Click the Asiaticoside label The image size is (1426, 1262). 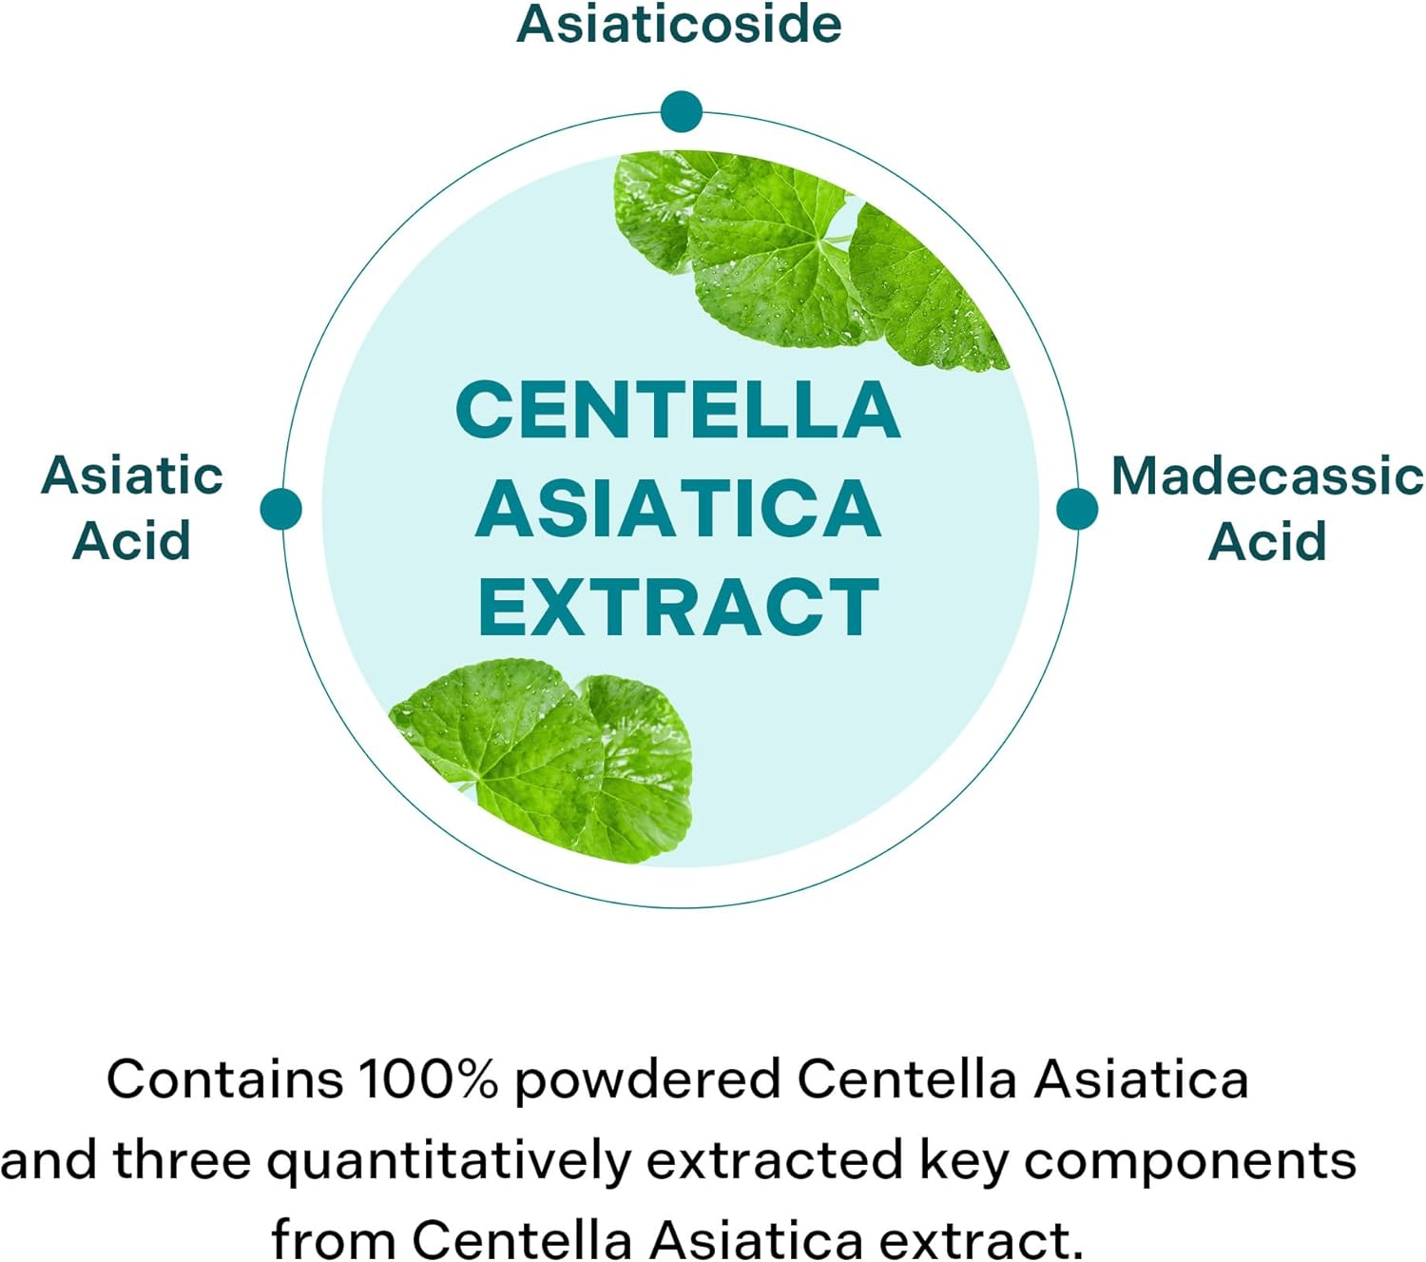click(679, 25)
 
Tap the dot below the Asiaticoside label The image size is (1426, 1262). click(681, 111)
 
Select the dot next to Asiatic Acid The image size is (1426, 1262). click(280, 509)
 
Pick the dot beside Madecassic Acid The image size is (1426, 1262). click(1077, 509)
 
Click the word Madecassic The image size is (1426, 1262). click(1266, 476)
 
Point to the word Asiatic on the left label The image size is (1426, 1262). click(132, 476)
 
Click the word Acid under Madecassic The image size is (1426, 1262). click(1266, 541)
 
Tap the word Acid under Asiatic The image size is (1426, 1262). click(132, 541)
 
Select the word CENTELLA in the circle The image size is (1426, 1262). click(678, 410)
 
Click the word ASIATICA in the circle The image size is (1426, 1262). click(678, 509)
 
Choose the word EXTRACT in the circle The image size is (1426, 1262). click(678, 608)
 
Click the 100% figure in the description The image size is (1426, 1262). click(428, 1079)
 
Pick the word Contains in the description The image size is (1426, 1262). click(224, 1079)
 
